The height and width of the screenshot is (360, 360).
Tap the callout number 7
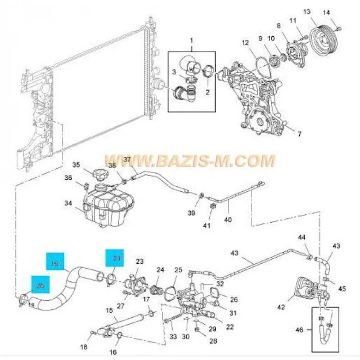point(300,134)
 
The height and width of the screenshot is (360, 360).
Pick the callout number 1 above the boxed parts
point(191,40)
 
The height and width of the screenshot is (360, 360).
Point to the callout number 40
point(228,219)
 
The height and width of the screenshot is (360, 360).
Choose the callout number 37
point(127,160)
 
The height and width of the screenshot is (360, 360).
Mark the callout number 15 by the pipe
point(110,310)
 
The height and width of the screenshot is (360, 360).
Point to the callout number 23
point(139,261)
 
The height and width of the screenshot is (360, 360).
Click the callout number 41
point(207,226)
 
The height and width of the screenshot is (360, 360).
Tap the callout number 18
point(84,348)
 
